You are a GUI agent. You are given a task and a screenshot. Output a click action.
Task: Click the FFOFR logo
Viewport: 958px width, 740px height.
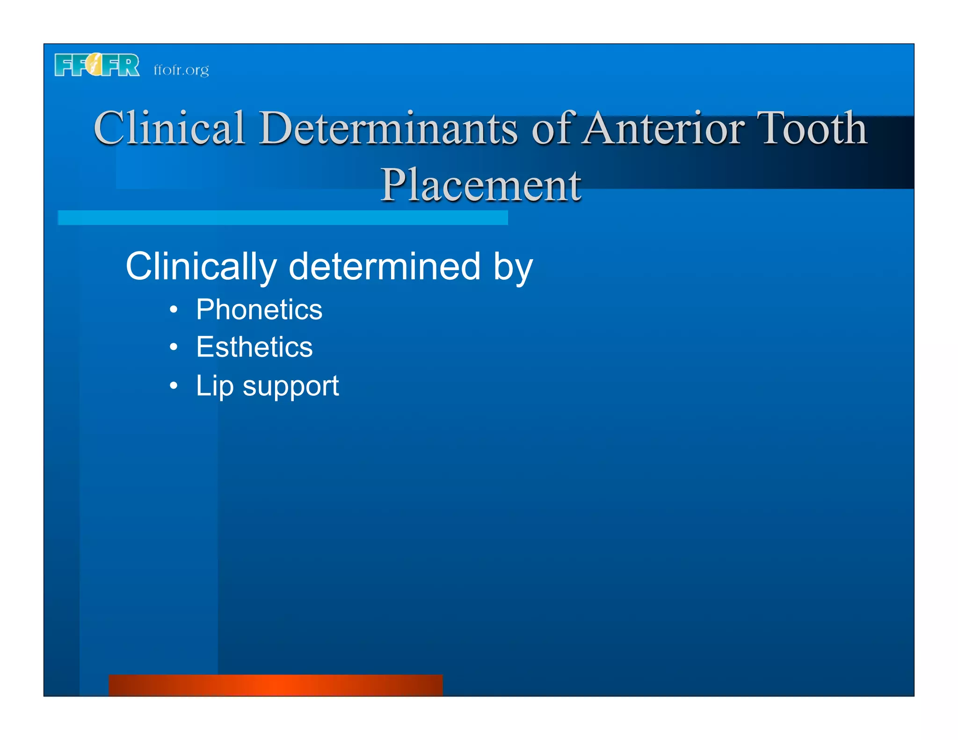coord(97,65)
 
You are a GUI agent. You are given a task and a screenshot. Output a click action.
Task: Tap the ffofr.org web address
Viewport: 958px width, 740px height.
coord(181,70)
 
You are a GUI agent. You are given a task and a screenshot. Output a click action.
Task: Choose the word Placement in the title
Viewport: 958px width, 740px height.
coord(480,185)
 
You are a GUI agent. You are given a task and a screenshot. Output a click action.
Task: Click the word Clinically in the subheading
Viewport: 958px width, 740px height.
coord(201,267)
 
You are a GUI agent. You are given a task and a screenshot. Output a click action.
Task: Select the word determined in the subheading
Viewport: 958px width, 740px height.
coord(385,267)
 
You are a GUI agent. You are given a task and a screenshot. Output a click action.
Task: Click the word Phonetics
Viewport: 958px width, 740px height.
coord(259,310)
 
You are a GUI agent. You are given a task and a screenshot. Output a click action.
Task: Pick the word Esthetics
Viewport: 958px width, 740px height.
coord(254,347)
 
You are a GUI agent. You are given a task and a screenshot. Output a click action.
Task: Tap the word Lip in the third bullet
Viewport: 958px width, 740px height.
coord(214,386)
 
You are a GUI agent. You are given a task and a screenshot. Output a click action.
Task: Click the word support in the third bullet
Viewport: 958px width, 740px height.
coord(290,387)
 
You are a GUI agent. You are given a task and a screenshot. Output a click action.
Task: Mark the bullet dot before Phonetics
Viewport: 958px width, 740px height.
coord(174,310)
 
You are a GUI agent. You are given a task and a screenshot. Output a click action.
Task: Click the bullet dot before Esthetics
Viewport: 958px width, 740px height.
coord(174,347)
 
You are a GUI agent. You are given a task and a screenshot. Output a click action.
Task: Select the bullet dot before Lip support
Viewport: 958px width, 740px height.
coord(174,385)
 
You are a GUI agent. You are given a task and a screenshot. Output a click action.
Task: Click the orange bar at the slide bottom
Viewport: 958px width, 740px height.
coord(276,685)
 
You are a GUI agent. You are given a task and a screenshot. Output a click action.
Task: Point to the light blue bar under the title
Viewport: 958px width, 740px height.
coord(283,218)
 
